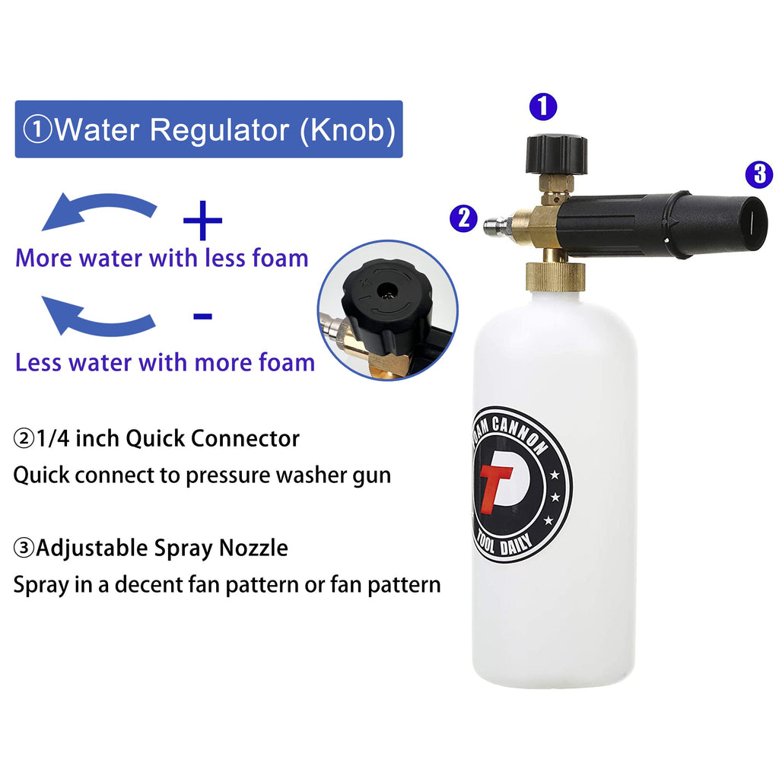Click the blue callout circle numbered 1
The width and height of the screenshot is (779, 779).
coord(542,107)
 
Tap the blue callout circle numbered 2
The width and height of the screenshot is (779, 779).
coord(463,218)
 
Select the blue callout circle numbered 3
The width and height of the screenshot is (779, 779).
coord(758,175)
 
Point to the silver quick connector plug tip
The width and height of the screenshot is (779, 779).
coord(491,225)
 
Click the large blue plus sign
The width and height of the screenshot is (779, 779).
coord(203,221)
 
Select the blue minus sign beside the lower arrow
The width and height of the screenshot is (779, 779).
coord(202,315)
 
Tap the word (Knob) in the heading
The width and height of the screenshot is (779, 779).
coord(347,129)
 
